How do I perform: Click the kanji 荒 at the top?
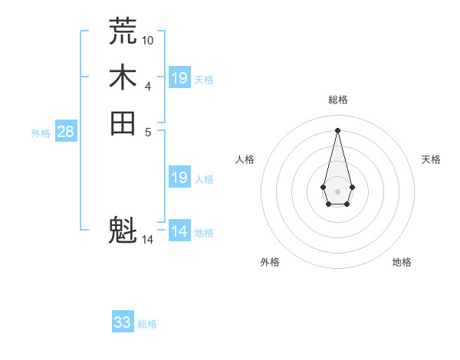[123, 31]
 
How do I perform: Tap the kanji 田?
[123, 123]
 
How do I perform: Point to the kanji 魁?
[123, 230]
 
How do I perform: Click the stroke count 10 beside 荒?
[148, 39]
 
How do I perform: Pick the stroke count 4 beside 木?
[148, 85]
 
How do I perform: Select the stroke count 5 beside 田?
[148, 131]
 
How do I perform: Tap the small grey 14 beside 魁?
[148, 240]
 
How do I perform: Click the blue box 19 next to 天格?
[179, 77]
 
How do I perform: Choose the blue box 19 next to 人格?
[179, 178]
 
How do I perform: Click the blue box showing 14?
[179, 231]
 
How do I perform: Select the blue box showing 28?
[65, 132]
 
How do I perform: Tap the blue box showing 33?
[123, 322]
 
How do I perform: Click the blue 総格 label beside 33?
[147, 324]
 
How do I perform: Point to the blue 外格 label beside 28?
[41, 133]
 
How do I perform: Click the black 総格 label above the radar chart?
[337, 100]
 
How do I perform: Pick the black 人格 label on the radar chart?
[245, 159]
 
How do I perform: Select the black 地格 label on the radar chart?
[402, 262]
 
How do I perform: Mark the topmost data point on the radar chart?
[337, 129]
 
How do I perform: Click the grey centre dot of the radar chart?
[337, 190]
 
